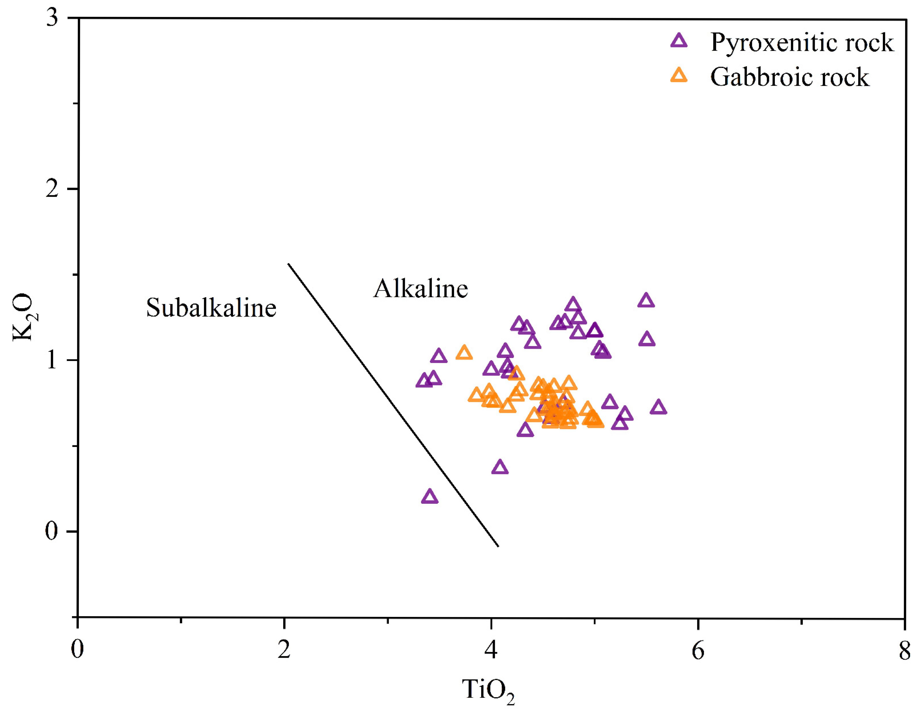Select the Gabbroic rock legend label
click(789, 77)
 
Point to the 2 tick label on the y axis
click(52, 189)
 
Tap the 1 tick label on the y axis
click(52, 360)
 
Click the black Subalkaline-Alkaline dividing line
click(393, 405)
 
